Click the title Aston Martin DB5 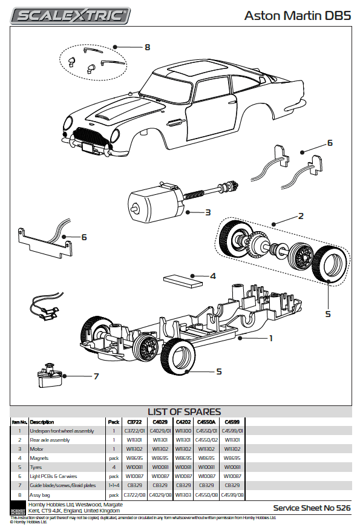(x=297, y=16)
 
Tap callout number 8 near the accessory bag (x=147, y=47)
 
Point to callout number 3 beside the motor (x=208, y=212)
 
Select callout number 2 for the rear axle (x=301, y=215)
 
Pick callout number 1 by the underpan (x=271, y=339)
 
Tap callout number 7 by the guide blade (x=96, y=376)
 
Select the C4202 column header (x=183, y=422)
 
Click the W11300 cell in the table (x=183, y=431)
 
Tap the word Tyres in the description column (x=36, y=467)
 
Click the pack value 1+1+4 (x=113, y=485)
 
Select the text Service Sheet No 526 (x=312, y=508)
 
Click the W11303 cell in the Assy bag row (x=183, y=494)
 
